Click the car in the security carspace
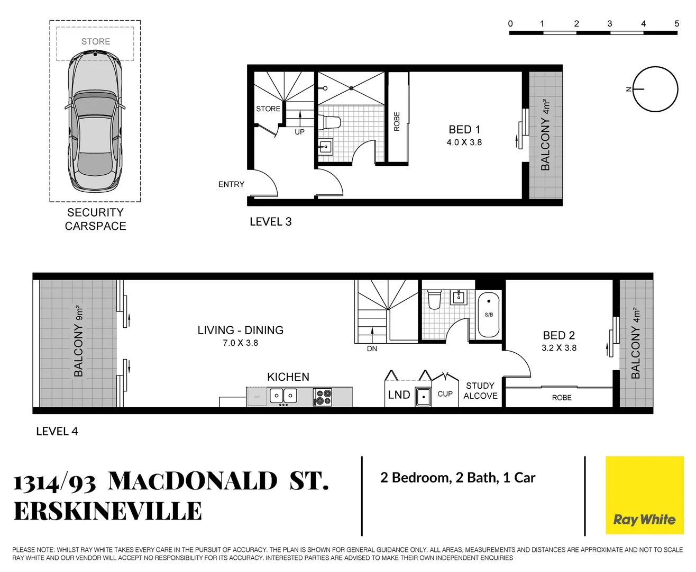tap(95, 122)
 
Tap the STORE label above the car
tap(96, 41)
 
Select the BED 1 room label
tap(464, 130)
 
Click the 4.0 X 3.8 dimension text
tap(464, 142)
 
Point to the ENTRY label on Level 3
tap(231, 184)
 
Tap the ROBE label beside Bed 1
tap(397, 121)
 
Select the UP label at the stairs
tap(299, 132)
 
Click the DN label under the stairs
tap(372, 348)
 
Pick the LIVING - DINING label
tap(240, 330)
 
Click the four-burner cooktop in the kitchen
tap(323, 397)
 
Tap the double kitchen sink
tap(283, 396)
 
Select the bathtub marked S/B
tap(489, 315)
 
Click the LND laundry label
tap(399, 395)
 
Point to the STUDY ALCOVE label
tap(480, 391)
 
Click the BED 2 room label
tap(558, 335)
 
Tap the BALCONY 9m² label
tap(79, 341)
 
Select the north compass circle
tap(656, 90)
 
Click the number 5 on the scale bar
tap(676, 24)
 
